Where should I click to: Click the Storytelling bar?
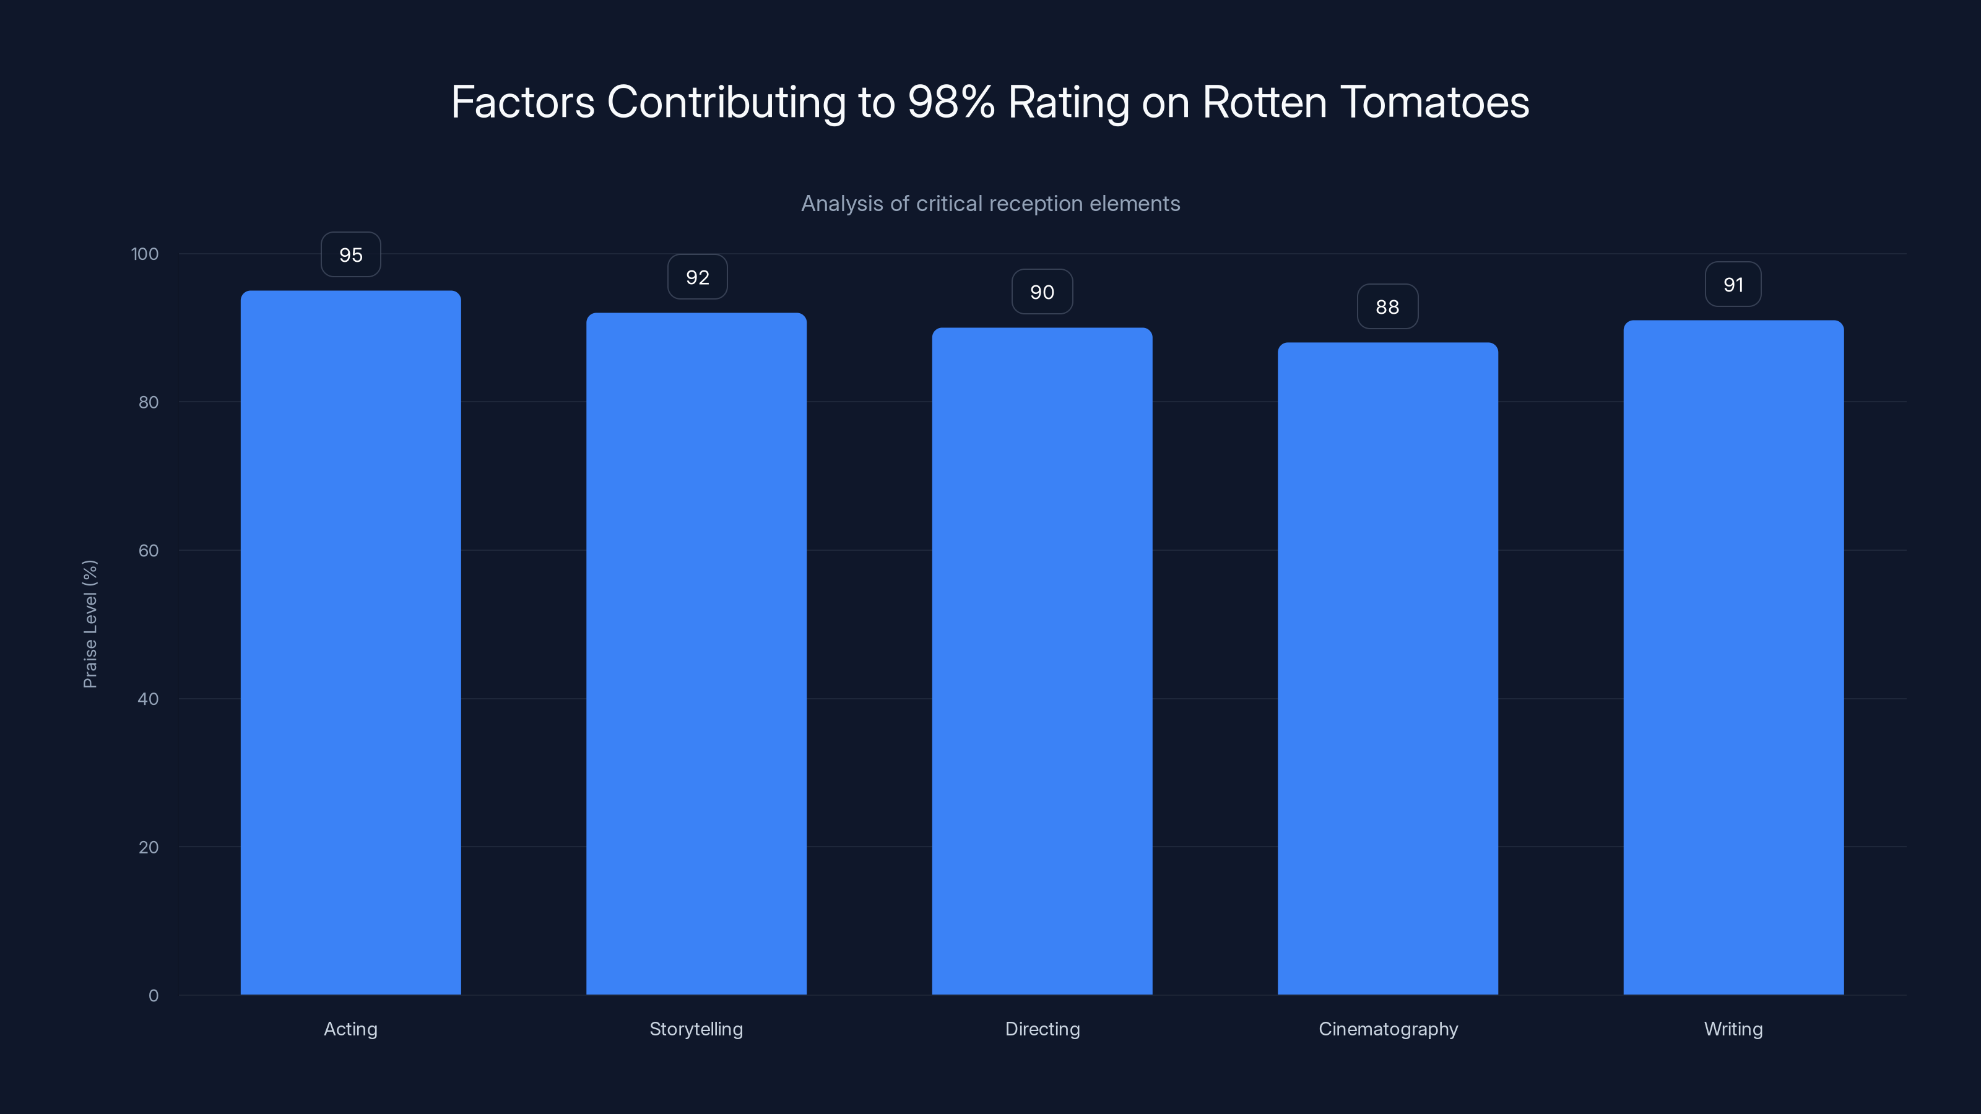click(696, 654)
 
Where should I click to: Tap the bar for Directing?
click(1042, 661)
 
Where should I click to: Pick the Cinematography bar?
click(1387, 669)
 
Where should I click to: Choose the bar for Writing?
click(1733, 657)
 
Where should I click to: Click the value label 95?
click(350, 254)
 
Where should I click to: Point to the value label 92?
click(696, 277)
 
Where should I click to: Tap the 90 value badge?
click(1042, 291)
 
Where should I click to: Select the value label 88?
click(1387, 307)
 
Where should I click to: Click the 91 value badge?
click(1733, 285)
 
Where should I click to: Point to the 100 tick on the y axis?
click(145, 254)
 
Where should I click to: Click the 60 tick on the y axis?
click(148, 550)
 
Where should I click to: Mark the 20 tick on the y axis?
click(148, 847)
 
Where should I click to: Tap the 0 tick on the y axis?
click(153, 996)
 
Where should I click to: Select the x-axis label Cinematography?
click(1387, 1029)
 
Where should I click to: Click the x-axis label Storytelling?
click(696, 1029)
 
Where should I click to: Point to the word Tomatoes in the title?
click(1434, 101)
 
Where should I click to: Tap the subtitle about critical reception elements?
click(990, 204)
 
